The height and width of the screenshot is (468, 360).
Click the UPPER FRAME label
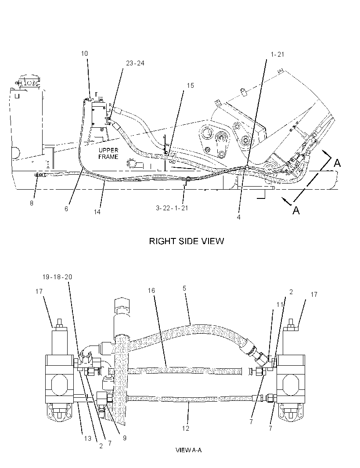point(108,153)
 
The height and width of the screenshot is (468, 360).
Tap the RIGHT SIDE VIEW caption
point(187,241)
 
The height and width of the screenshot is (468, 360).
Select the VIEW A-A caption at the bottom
point(189,450)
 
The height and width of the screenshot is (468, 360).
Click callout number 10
point(84,54)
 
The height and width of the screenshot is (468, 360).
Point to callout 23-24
point(135,63)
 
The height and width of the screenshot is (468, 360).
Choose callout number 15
point(190,86)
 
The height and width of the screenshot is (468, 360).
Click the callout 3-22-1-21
point(172,208)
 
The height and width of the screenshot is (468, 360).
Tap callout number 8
point(32,203)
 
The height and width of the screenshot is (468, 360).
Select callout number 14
point(97,212)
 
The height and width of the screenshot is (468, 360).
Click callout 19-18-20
point(58,277)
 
